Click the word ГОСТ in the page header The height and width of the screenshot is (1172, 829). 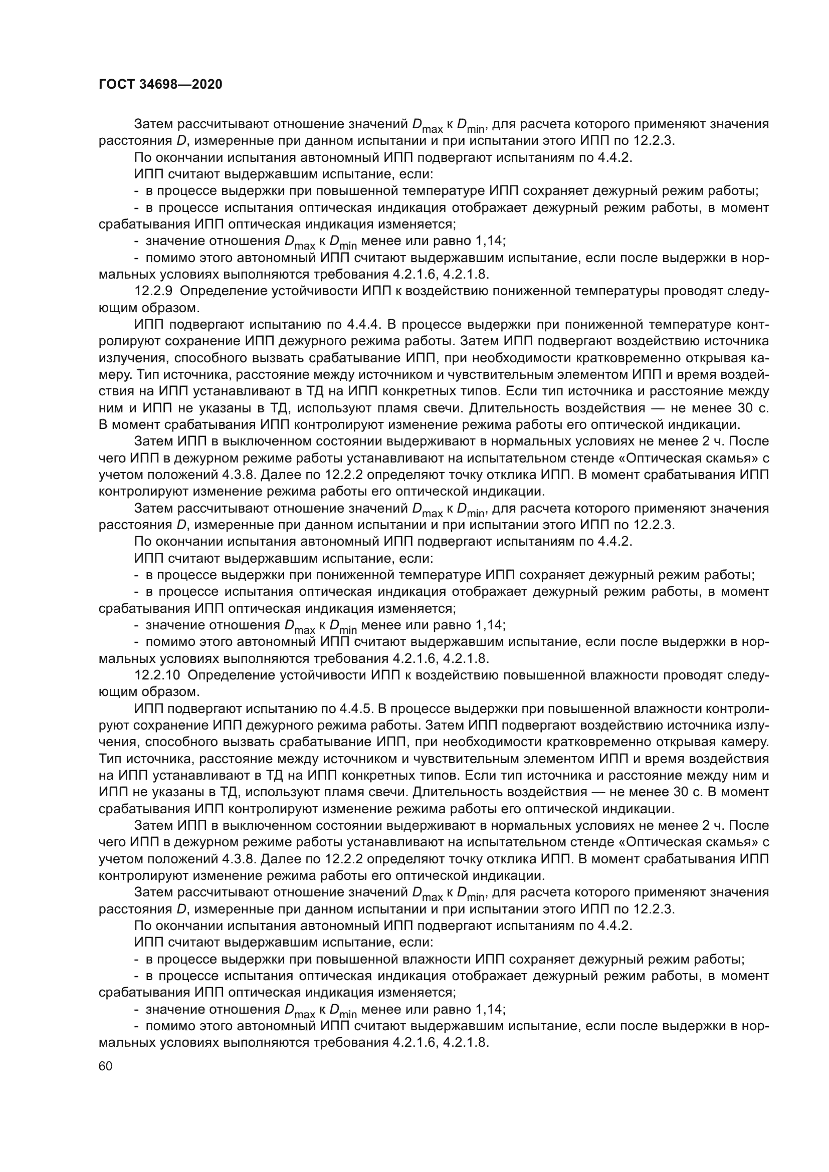coord(116,85)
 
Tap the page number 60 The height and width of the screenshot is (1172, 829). coord(106,1066)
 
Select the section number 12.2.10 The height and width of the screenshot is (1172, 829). coord(157,675)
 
